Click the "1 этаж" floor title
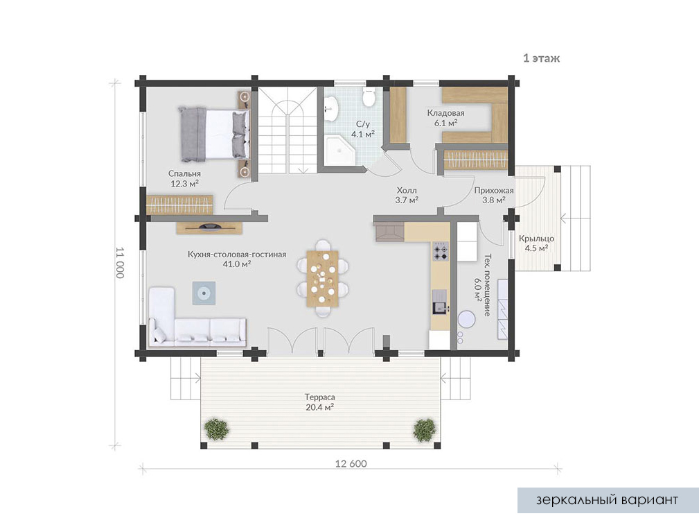click(541, 58)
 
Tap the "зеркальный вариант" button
click(608, 500)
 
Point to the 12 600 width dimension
click(351, 464)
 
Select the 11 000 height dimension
click(120, 262)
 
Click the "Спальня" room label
click(184, 173)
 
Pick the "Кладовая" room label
click(445, 113)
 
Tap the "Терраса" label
click(320, 397)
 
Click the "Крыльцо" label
click(536, 239)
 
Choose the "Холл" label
click(407, 191)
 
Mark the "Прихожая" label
click(494, 191)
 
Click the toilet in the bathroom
click(369, 97)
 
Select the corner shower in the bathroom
click(339, 151)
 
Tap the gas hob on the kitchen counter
click(441, 251)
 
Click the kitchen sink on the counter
click(439, 302)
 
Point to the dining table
click(322, 278)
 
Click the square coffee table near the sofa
click(204, 293)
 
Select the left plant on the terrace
click(217, 429)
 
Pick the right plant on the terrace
click(424, 429)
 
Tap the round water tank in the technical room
click(467, 320)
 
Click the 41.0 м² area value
click(237, 264)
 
